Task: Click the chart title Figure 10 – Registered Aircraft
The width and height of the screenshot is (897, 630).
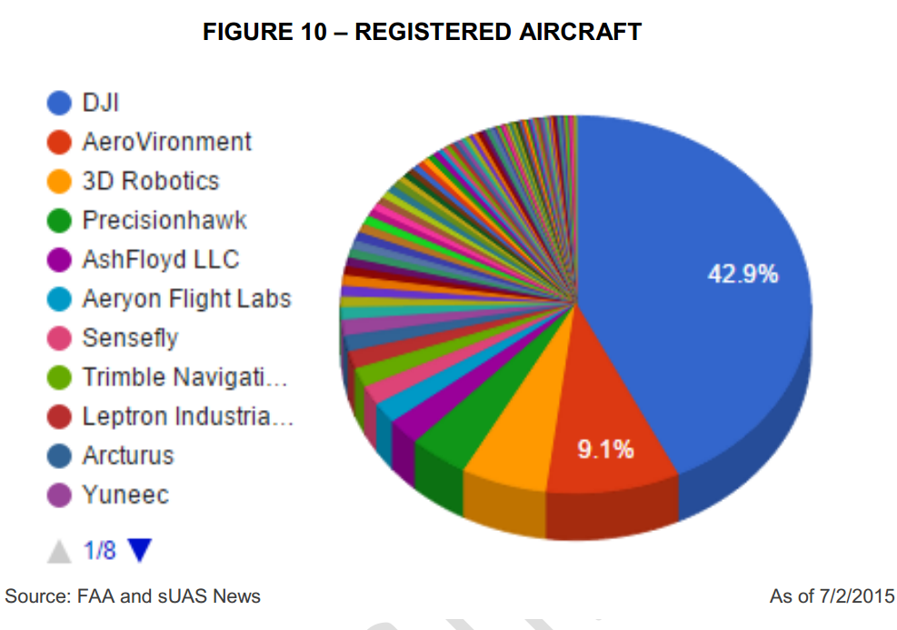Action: (422, 33)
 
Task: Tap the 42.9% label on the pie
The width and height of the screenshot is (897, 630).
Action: (743, 274)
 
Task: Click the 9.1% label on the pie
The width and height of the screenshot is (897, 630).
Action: (606, 449)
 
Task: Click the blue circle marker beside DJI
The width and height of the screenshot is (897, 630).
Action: (59, 103)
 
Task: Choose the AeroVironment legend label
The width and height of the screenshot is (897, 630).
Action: (166, 142)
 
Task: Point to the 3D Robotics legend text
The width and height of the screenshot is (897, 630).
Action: (150, 181)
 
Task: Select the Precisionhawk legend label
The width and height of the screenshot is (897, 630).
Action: (164, 220)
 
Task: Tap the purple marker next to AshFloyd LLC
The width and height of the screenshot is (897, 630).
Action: (59, 260)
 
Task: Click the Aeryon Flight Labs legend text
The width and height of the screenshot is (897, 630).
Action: (186, 299)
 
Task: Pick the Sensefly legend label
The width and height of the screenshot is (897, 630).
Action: (130, 338)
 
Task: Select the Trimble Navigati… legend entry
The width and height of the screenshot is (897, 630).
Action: (189, 377)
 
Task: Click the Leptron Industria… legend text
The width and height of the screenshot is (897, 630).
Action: (188, 416)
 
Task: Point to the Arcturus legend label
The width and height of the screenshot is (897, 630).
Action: (127, 455)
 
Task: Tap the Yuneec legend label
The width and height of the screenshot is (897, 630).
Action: (125, 495)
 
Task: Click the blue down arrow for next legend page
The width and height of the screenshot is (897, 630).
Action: (139, 550)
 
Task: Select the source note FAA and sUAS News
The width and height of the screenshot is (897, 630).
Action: (133, 597)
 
